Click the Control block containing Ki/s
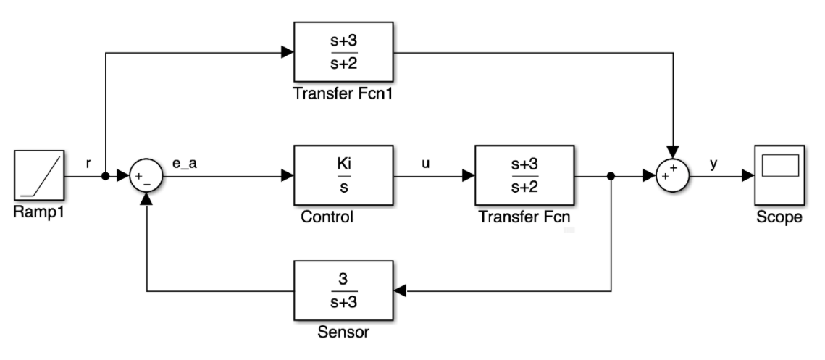tap(343, 175)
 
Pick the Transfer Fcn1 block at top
tap(343, 51)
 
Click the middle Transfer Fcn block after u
tap(524, 175)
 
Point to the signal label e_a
tap(184, 164)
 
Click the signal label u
tap(426, 164)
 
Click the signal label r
tap(88, 164)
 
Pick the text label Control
tap(327, 217)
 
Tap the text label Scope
tap(779, 217)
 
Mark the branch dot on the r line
tap(106, 176)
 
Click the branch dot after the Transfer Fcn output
tap(612, 176)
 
